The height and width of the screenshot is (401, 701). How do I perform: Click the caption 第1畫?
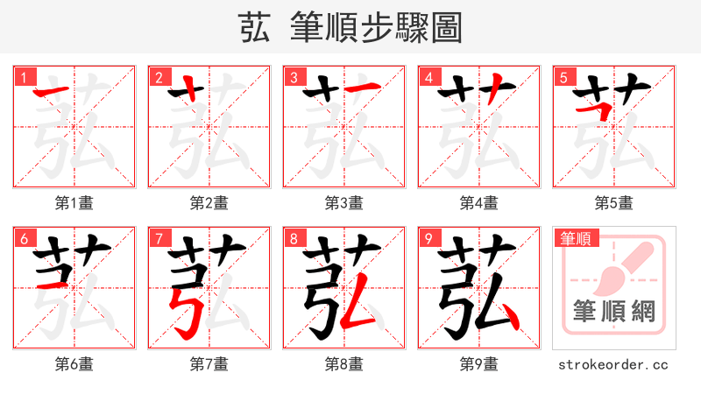coord(74,203)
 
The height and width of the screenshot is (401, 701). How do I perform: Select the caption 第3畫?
coord(344,203)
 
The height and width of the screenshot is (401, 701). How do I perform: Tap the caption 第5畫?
coord(614,203)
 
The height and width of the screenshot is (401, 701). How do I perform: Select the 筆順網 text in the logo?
coord(614,311)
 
